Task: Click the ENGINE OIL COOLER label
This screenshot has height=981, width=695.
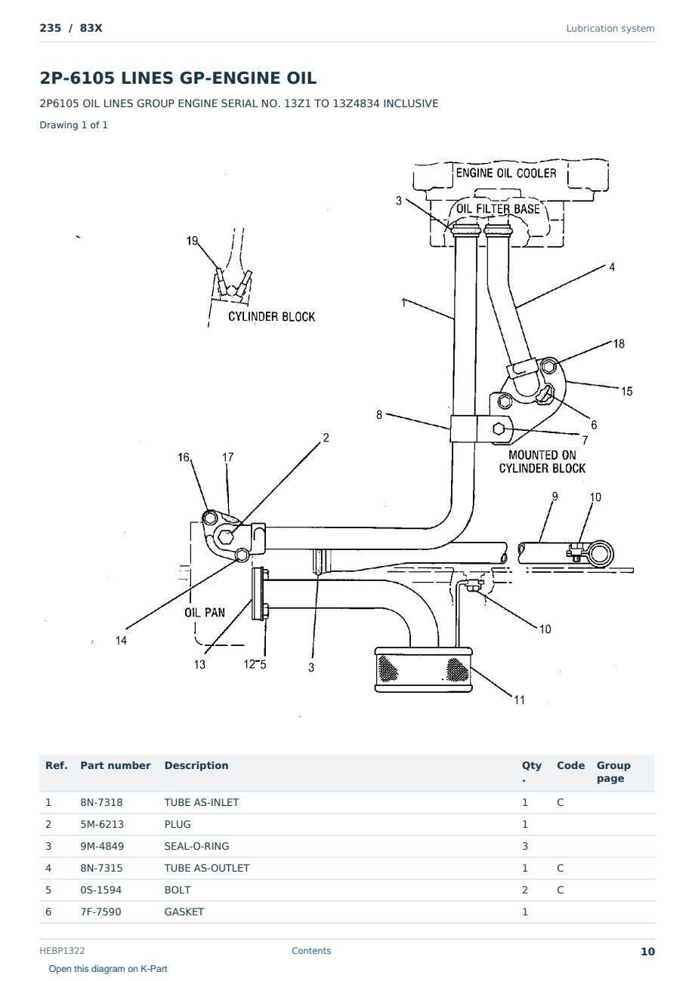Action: pos(506,173)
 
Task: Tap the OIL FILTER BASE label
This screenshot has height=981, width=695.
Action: pos(498,209)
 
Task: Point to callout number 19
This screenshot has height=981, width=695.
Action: pos(192,241)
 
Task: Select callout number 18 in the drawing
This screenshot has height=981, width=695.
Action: pos(619,344)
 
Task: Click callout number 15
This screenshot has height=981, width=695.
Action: pos(626,392)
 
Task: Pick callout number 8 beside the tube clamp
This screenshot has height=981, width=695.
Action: pos(379,415)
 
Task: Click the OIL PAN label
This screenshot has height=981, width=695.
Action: pos(204,612)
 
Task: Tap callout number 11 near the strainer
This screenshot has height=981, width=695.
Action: pos(519,700)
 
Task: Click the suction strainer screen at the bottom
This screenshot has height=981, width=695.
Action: pos(423,669)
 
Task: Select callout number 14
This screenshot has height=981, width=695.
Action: pos(121,641)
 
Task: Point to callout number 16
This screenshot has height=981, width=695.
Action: pos(184,457)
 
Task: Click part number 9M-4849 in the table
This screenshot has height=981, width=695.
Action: pos(102,846)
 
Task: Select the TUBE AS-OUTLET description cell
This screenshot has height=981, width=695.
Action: pos(206,868)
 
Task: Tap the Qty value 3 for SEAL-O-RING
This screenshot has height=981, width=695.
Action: pos(525,846)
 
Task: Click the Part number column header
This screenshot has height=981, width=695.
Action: pos(116,765)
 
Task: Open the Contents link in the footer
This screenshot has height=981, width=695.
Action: pos(311,951)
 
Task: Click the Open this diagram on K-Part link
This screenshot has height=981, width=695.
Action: pos(108,969)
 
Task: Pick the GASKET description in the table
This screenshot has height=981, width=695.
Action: pos(184,912)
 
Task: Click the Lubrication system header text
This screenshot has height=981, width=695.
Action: pos(610,29)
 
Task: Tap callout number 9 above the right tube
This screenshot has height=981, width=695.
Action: pos(554,497)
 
